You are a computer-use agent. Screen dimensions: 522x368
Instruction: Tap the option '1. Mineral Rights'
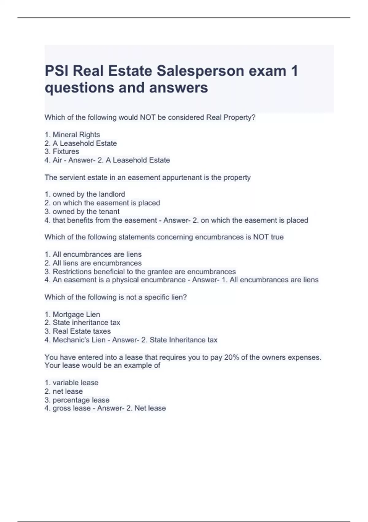[72, 134]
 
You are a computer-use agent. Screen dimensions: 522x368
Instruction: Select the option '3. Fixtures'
[62, 151]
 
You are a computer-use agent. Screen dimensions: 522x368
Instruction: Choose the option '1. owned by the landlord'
[85, 194]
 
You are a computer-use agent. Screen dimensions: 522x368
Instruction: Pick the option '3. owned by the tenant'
[82, 212]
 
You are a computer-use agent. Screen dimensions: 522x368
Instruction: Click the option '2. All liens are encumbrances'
[93, 263]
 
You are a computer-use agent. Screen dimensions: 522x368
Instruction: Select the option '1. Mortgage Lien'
[72, 314]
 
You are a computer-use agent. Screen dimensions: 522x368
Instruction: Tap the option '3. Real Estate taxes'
[78, 331]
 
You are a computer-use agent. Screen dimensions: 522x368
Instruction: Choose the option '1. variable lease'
[71, 383]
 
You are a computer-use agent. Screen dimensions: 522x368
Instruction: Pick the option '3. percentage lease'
[77, 400]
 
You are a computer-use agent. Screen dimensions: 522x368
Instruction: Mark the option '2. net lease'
[64, 391]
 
